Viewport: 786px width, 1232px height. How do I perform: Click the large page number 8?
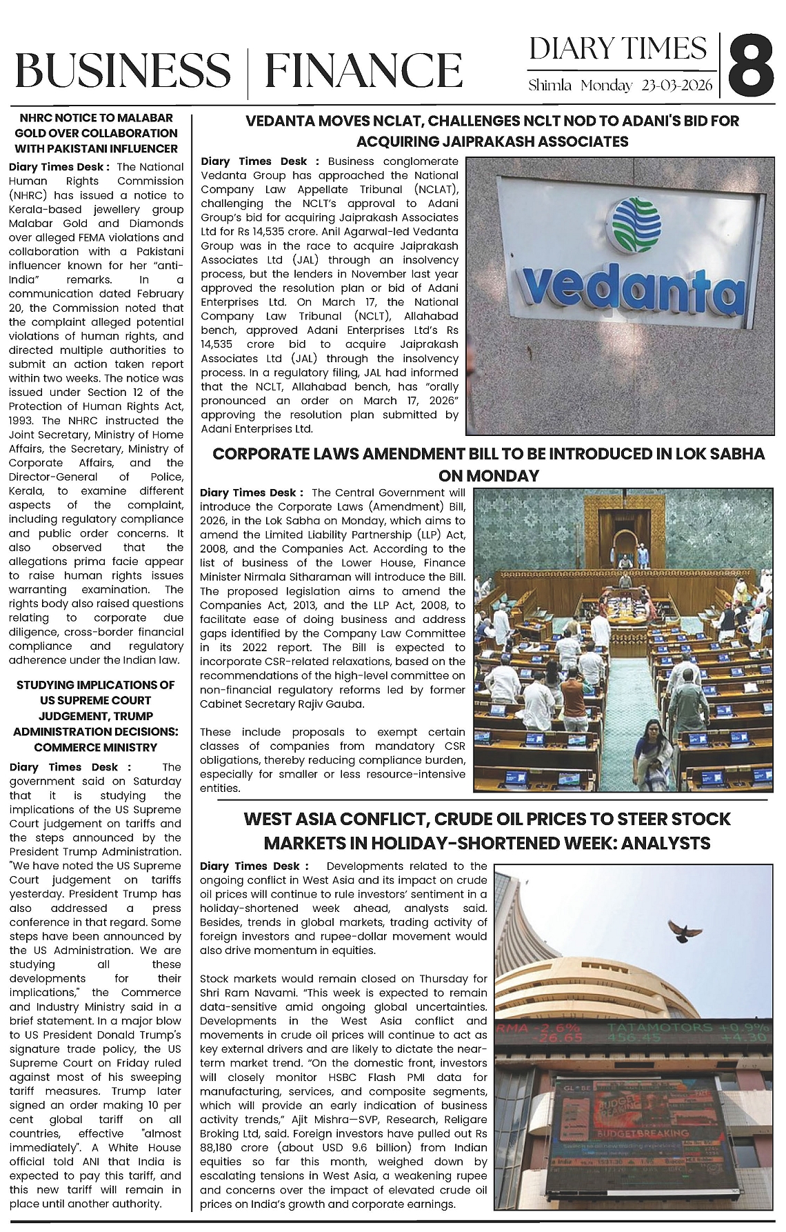(751, 68)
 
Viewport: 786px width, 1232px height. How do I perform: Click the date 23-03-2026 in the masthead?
(678, 86)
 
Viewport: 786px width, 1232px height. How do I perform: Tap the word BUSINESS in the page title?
(122, 70)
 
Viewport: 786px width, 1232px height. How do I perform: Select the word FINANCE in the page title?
(363, 70)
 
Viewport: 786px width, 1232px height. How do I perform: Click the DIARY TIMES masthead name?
(618, 49)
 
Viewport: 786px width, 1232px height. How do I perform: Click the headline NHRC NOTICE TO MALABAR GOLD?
(96, 133)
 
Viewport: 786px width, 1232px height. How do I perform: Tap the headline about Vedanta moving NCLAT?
(492, 131)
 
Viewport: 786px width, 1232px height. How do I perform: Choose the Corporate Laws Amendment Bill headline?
(488, 464)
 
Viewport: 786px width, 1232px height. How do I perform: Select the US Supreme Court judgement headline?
(96, 716)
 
